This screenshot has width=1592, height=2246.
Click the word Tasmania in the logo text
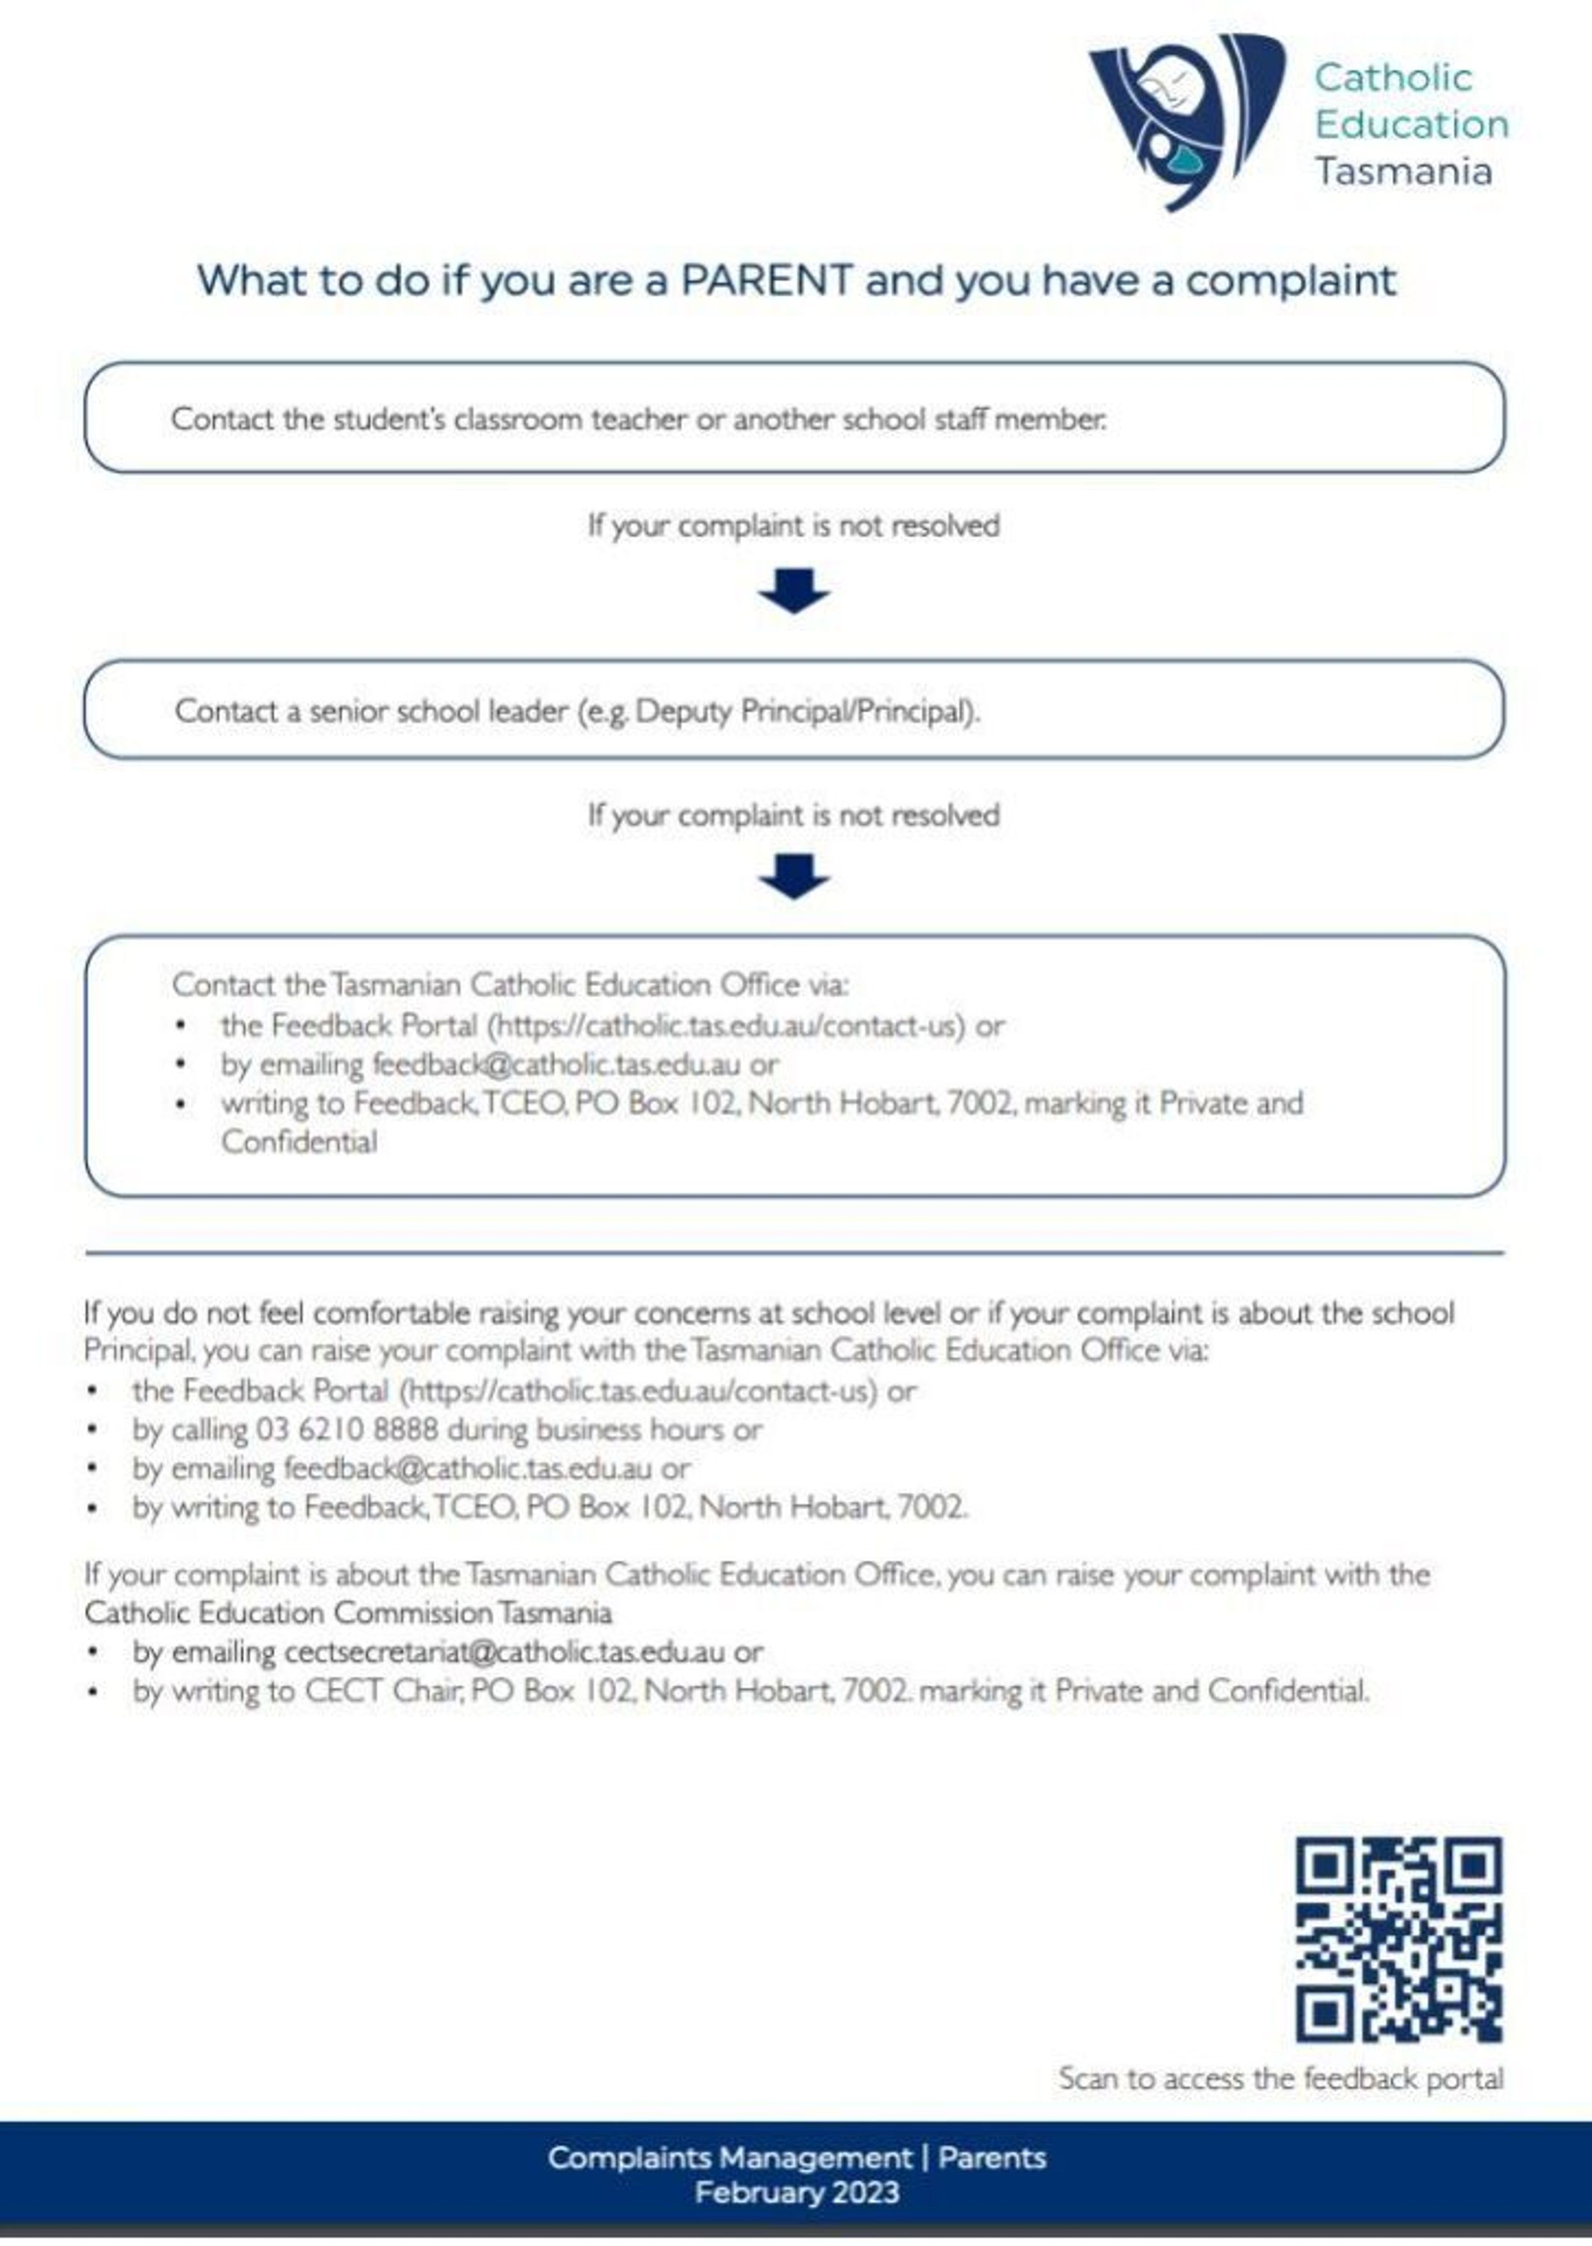pyautogui.click(x=1403, y=171)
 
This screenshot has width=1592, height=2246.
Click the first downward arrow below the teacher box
pyautogui.click(x=794, y=590)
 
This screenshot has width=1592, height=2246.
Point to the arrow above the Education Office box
pyautogui.click(x=794, y=876)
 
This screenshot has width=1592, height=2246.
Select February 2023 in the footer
pyautogui.click(x=796, y=2192)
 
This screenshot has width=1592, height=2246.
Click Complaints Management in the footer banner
pyautogui.click(x=729, y=2157)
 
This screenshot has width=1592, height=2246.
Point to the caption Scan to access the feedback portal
pyautogui.click(x=1280, y=2079)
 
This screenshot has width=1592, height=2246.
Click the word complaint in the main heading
pyautogui.click(x=1290, y=280)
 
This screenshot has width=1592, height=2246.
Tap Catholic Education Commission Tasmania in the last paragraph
pyautogui.click(x=348, y=1613)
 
